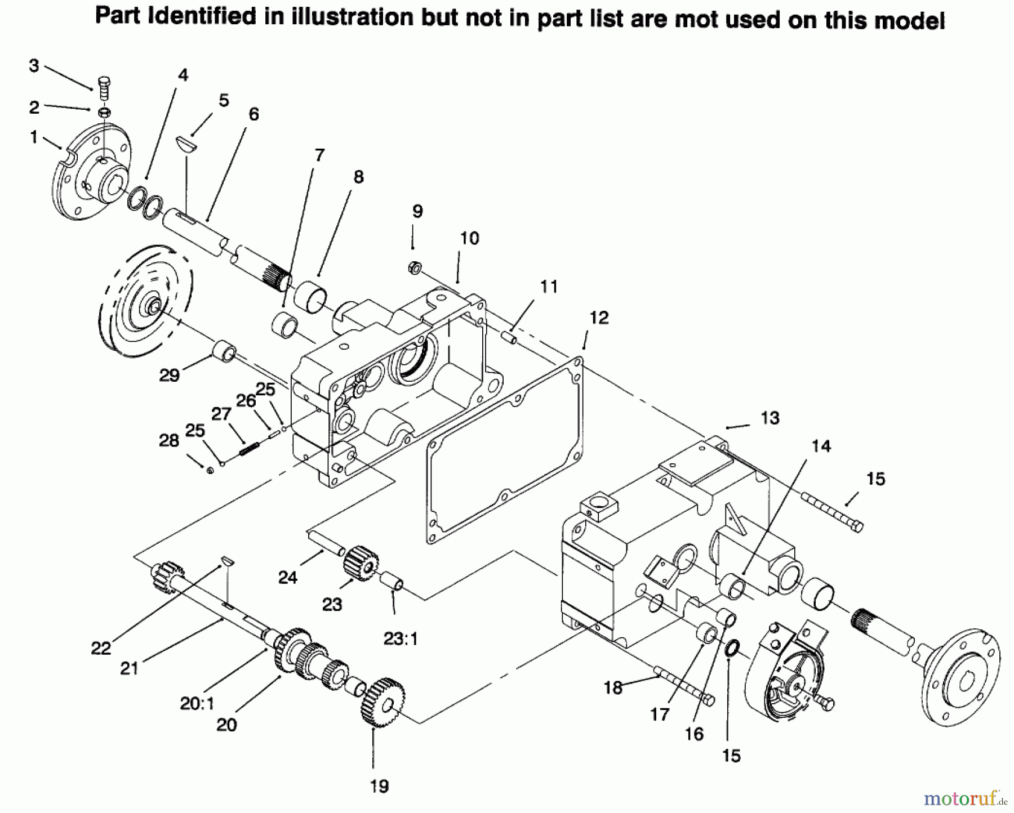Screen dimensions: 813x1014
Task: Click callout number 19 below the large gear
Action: (379, 786)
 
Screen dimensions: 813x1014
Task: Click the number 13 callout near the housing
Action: (770, 418)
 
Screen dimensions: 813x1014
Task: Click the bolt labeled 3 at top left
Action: (104, 88)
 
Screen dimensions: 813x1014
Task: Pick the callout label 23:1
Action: (400, 639)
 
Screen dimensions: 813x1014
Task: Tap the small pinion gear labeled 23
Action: (359, 563)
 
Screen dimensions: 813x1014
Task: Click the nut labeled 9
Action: (413, 268)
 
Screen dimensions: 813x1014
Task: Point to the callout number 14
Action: (821, 446)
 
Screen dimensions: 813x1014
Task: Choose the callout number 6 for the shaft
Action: (253, 114)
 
